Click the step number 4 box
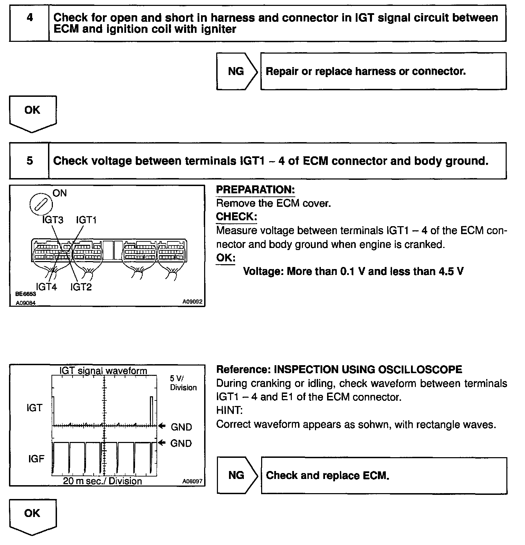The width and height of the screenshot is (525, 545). (x=30, y=23)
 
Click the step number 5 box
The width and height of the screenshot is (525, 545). (x=30, y=161)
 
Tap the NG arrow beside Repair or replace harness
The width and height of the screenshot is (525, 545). (x=237, y=72)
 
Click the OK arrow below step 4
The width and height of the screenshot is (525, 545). (x=32, y=113)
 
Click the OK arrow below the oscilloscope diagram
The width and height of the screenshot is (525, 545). (x=32, y=516)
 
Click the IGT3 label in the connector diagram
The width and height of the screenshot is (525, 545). (x=52, y=220)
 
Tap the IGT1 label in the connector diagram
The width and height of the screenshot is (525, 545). (x=86, y=220)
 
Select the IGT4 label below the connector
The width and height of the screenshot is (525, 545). (x=46, y=287)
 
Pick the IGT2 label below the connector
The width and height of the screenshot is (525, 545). (x=81, y=287)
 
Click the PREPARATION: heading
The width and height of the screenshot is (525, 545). (x=255, y=190)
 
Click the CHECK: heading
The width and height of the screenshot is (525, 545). (x=236, y=216)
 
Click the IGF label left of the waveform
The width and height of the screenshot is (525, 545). (x=36, y=459)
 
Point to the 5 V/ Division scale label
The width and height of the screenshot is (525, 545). (x=183, y=383)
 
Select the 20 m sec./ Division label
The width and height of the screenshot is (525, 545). (x=103, y=481)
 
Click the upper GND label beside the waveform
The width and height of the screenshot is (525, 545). (x=181, y=427)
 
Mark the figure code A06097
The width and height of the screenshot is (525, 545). (x=192, y=481)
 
